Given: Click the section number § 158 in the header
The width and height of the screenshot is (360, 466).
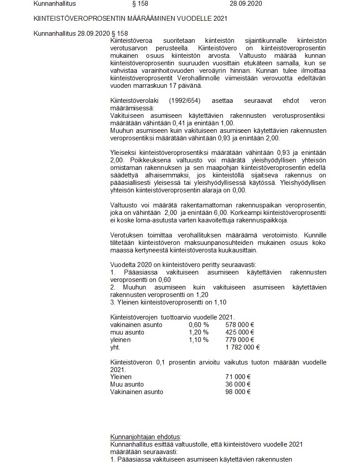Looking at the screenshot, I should click(x=140, y=4).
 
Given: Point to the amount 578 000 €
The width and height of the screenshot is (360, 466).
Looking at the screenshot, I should click(x=240, y=325).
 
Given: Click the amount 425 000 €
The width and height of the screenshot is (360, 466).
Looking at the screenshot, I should click(x=240, y=333).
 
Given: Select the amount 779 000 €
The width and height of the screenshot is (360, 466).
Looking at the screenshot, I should click(x=240, y=340).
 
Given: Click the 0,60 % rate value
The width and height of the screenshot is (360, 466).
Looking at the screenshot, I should click(x=199, y=325).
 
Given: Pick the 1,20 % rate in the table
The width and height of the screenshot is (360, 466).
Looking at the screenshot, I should click(x=199, y=333).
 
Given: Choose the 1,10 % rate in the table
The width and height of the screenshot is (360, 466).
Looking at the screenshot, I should click(x=199, y=340).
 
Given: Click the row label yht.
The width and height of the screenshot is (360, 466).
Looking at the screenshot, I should click(x=115, y=348).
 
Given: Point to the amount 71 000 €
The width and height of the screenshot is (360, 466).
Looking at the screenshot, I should click(x=238, y=377).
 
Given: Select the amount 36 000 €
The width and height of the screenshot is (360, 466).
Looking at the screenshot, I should click(x=238, y=385).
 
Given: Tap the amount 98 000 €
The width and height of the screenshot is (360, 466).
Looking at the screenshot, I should click(x=238, y=392).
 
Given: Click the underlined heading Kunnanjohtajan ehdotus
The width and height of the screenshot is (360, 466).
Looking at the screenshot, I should click(x=146, y=437).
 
